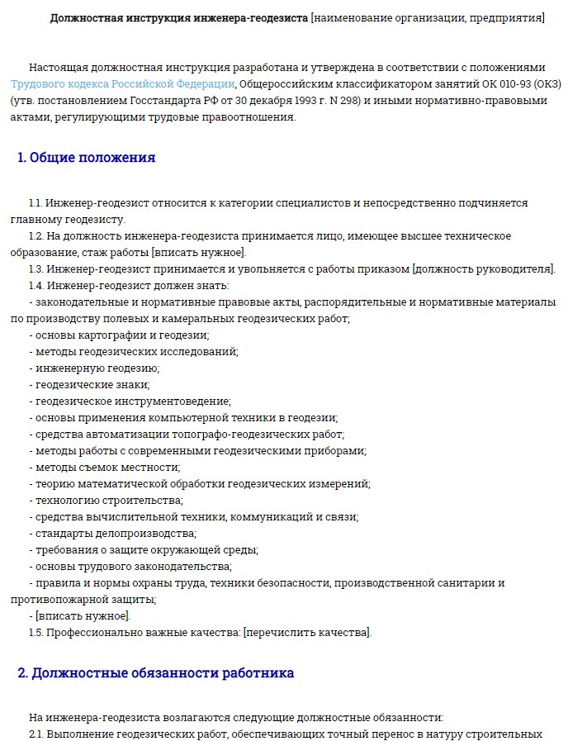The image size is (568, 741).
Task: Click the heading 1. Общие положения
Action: tap(87, 158)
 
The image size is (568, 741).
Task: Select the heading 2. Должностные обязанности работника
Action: tap(156, 673)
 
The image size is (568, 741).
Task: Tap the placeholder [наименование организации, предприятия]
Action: tap(427, 17)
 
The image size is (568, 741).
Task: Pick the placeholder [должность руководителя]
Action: tap(484, 269)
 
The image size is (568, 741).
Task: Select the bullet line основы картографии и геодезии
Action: tap(121, 335)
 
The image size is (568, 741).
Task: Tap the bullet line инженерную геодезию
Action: tap(97, 368)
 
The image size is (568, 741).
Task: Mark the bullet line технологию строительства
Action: tap(108, 501)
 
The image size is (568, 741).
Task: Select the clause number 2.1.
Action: tap(35, 734)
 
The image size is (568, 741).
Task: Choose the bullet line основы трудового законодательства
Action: tap(132, 567)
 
